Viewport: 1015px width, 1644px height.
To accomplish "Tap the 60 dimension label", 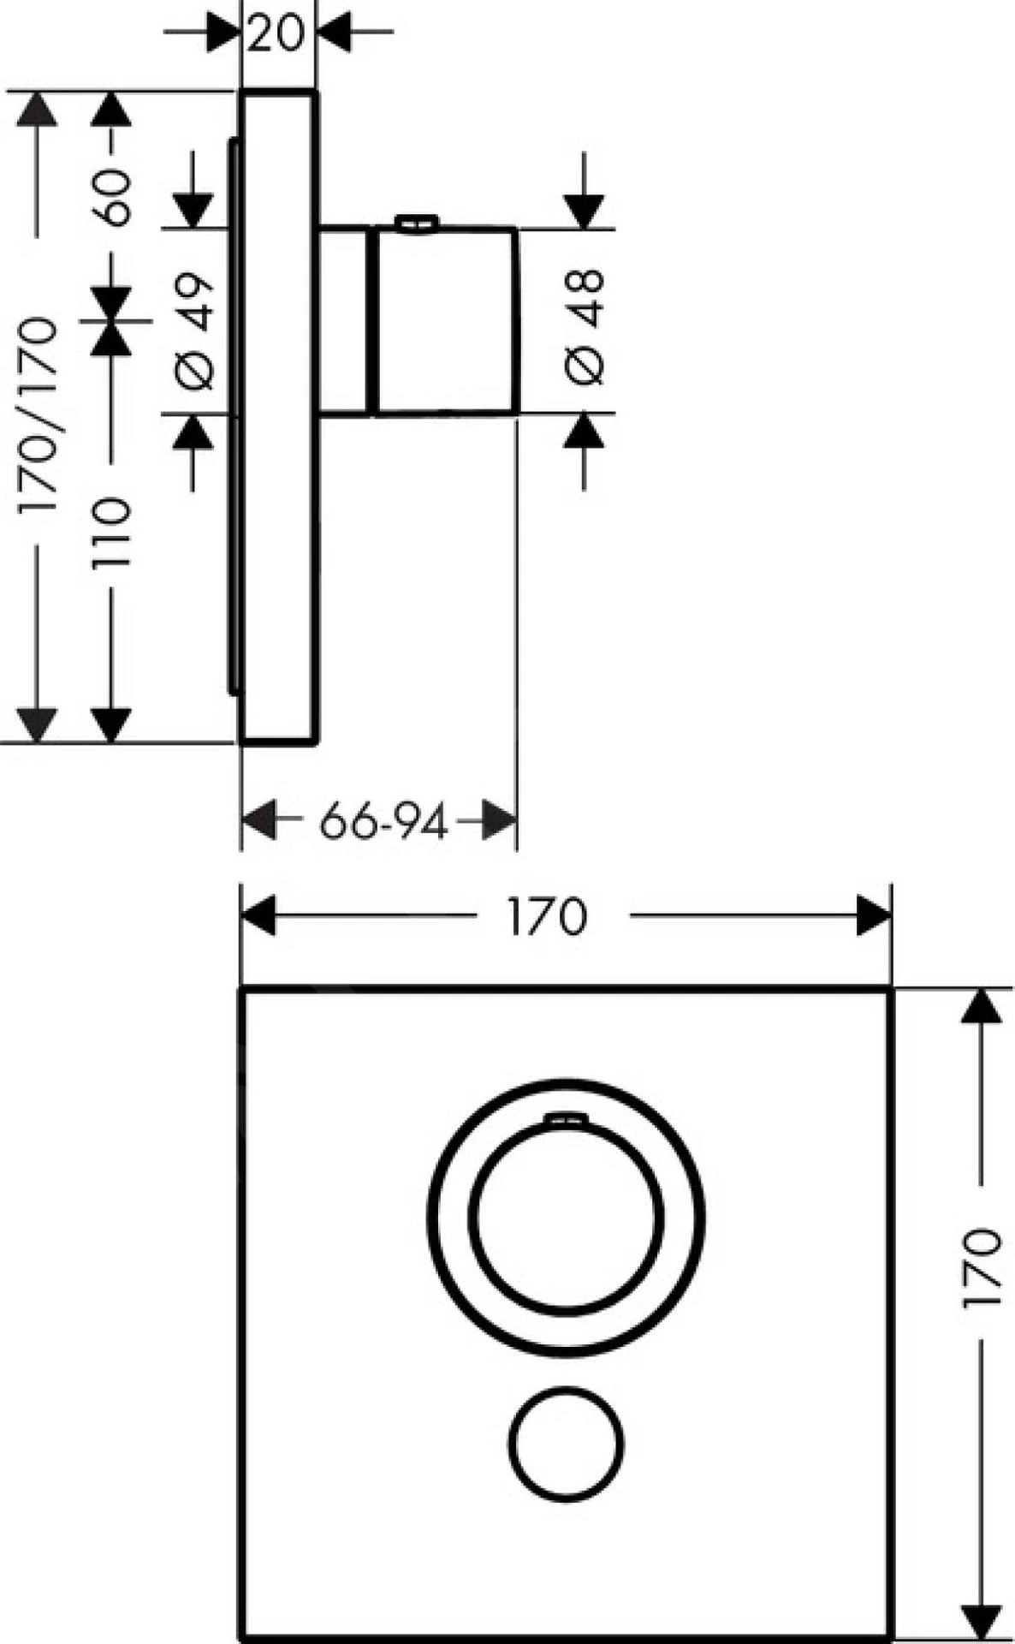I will coord(113,197).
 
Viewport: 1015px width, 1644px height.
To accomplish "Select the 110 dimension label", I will coord(113,531).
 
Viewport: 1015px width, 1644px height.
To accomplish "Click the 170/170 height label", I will coord(39,415).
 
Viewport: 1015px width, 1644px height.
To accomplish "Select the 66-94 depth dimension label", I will coord(383,823).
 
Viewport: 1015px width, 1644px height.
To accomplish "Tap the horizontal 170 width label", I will coord(547,916).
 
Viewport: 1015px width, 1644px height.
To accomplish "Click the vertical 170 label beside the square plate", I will coord(981,1268).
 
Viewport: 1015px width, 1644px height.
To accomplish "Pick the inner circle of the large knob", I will coord(566,1217).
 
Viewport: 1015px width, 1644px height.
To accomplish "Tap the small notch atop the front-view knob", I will coord(566,1118).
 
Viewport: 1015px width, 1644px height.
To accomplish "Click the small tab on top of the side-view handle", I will coord(416,223).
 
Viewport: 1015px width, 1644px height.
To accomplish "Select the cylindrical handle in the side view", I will coord(445,321).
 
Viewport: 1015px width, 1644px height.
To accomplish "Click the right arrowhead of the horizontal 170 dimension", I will coord(875,916).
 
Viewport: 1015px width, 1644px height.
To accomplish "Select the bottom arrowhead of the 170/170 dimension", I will coord(37,724).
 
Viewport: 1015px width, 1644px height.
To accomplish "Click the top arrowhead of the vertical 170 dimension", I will coord(981,1005).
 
